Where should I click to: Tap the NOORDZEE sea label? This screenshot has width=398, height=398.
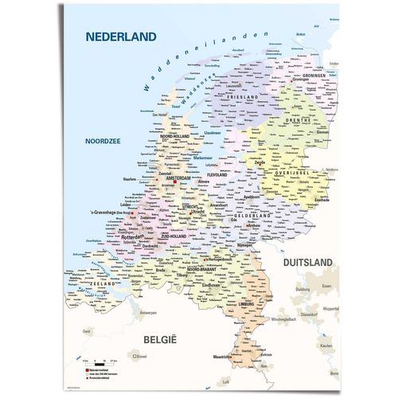tap(103, 142)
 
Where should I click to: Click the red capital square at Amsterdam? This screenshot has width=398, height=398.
tap(174, 182)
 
